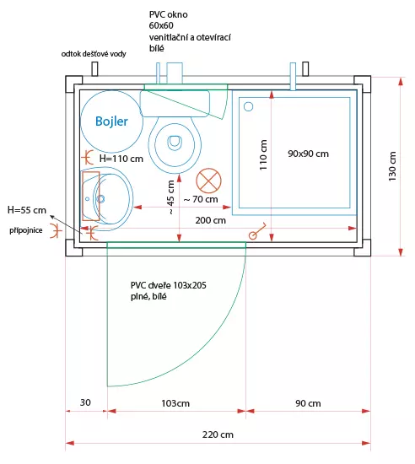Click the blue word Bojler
tap(111, 121)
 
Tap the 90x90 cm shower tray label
tap(308, 154)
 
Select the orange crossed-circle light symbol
tap(208, 181)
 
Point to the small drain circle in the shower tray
tap(248, 106)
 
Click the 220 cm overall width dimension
tap(218, 434)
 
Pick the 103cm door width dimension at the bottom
tap(175, 403)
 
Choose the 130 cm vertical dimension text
tap(392, 166)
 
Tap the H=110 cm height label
tap(121, 159)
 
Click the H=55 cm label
tap(27, 210)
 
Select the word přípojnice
tap(26, 230)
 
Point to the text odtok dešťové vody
tap(94, 54)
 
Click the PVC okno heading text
tap(168, 14)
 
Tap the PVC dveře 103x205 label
tap(169, 285)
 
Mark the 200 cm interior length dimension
tap(210, 220)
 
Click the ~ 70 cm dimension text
tap(201, 199)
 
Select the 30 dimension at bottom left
tap(85, 402)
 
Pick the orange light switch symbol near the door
tap(257, 231)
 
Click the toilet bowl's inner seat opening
tap(175, 142)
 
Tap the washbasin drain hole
tap(101, 198)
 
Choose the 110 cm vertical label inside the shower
tap(263, 154)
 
